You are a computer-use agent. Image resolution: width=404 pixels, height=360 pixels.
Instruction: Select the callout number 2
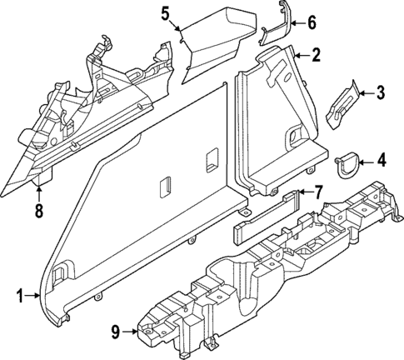pos(316,56)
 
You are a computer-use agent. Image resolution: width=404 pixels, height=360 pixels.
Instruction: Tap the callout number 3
pos(379,92)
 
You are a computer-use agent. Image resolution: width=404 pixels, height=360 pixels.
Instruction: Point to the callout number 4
pos(381,158)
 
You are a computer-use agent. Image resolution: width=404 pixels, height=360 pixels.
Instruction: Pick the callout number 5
pos(165,13)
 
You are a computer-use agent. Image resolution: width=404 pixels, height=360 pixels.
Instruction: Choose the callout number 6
pos(312,22)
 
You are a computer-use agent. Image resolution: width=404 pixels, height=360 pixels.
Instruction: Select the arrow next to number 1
pos(35,296)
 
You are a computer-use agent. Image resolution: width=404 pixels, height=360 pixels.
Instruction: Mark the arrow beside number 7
pos(302,193)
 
